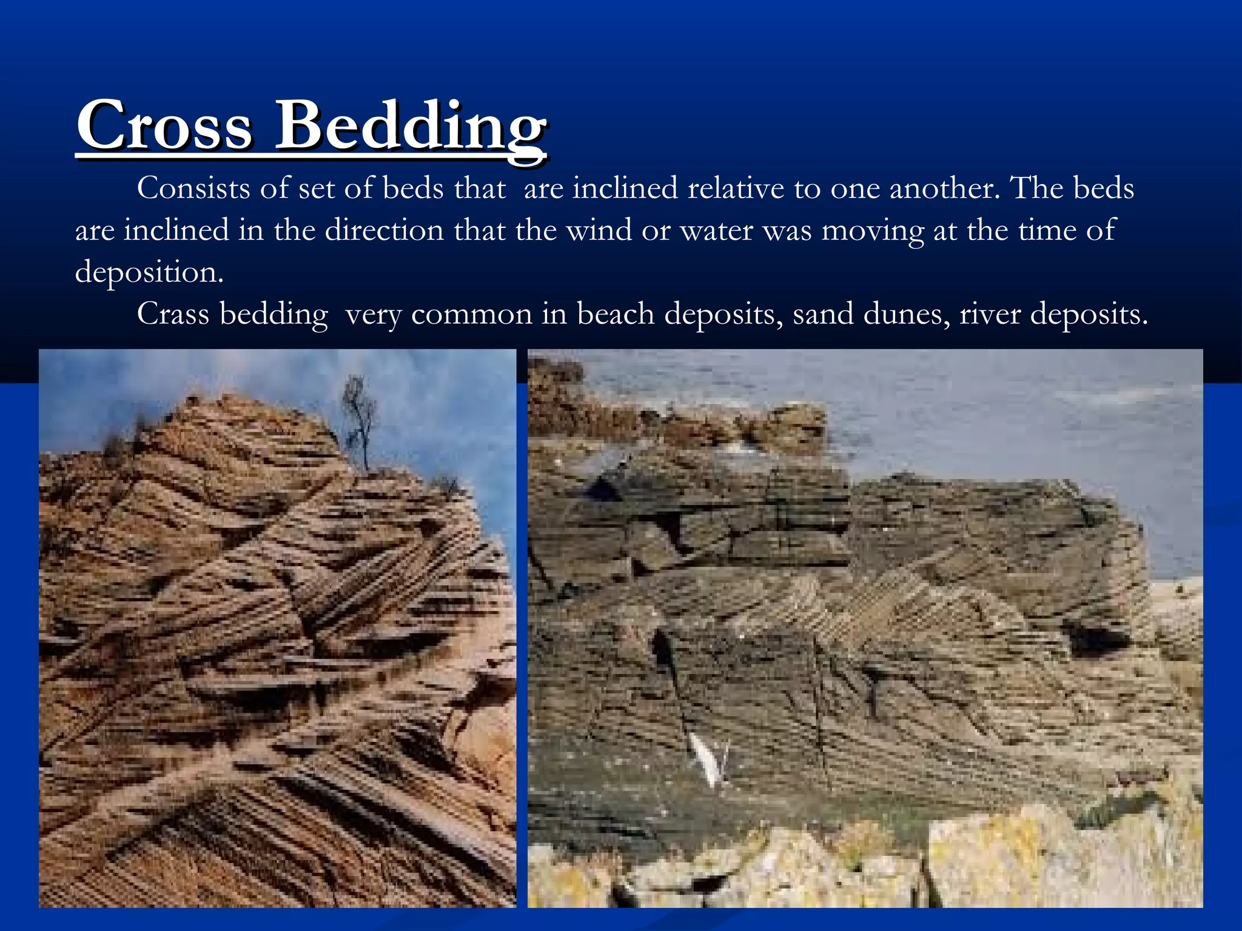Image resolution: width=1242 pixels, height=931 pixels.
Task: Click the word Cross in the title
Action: (164, 126)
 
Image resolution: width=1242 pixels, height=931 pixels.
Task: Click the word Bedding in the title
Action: (411, 126)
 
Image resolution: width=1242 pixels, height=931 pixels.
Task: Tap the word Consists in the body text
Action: (193, 188)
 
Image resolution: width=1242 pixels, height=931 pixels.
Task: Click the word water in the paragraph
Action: (716, 230)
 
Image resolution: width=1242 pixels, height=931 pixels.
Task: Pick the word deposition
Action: (149, 272)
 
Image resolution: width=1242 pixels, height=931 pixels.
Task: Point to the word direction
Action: (384, 230)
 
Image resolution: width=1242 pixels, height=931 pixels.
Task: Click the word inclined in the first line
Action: (625, 188)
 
